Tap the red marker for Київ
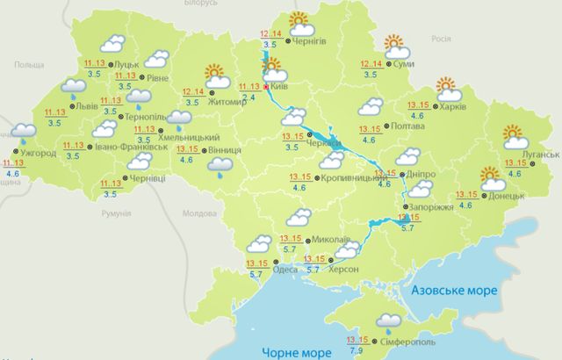[266, 87]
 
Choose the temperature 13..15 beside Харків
[419, 104]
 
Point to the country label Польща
[29, 65]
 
